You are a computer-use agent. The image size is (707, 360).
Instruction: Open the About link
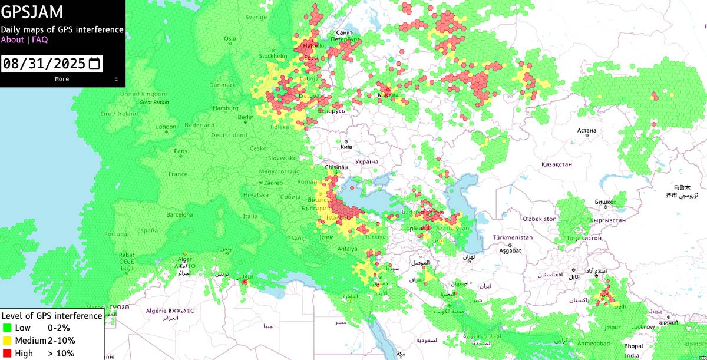click(x=12, y=40)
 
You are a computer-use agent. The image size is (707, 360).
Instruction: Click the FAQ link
click(x=39, y=40)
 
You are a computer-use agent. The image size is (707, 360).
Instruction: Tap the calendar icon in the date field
click(x=94, y=63)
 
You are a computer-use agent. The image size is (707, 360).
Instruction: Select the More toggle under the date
click(x=62, y=79)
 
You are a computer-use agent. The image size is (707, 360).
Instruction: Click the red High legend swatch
click(x=7, y=354)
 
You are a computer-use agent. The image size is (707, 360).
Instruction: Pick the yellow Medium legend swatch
click(x=7, y=341)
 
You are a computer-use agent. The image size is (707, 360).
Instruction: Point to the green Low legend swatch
click(x=7, y=328)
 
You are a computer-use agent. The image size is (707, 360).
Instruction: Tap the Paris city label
click(x=180, y=151)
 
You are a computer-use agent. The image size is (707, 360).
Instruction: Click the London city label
click(x=166, y=127)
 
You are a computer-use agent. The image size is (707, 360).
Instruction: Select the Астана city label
click(x=587, y=130)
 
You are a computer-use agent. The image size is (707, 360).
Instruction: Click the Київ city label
click(x=346, y=147)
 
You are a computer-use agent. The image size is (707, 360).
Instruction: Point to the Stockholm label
click(x=273, y=56)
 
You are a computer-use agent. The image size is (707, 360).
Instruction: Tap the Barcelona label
click(x=180, y=215)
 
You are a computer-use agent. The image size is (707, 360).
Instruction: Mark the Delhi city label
click(x=621, y=306)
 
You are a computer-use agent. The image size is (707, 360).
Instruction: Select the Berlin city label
click(x=246, y=117)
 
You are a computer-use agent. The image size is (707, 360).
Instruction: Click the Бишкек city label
click(x=605, y=202)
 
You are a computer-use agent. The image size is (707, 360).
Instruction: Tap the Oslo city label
click(x=230, y=39)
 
